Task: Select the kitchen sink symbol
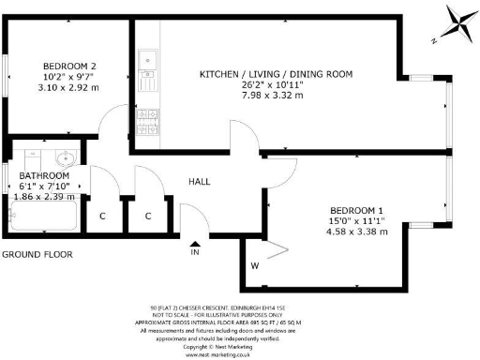point(147,67)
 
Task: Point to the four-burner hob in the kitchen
point(147,117)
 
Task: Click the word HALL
point(200,181)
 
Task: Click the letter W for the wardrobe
point(254,266)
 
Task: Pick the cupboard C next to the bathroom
point(103,216)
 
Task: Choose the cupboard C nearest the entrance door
point(148,216)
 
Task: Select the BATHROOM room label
point(44,175)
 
